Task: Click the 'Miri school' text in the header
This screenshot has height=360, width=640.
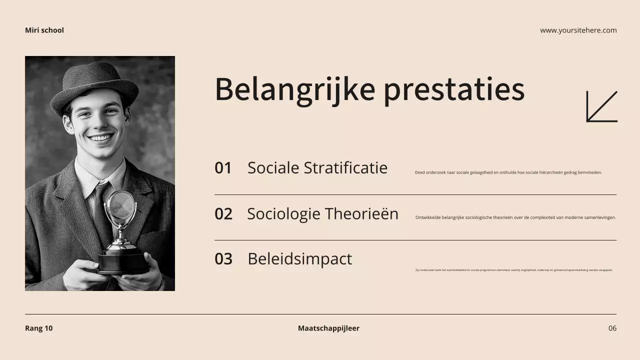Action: tap(44, 30)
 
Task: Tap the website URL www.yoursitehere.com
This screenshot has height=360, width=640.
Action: tap(578, 30)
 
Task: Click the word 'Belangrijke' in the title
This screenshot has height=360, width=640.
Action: tap(294, 89)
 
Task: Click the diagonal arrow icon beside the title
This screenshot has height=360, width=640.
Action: tap(601, 106)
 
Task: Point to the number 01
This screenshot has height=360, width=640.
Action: tap(223, 168)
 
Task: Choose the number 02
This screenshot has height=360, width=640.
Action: tap(223, 214)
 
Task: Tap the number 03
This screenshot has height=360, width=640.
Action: tap(223, 259)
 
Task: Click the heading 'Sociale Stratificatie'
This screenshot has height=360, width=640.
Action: tap(317, 167)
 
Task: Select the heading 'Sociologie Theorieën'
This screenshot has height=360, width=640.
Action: tap(322, 213)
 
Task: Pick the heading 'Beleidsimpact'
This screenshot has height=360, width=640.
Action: tap(299, 259)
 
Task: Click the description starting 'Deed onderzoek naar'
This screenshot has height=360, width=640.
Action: tap(508, 172)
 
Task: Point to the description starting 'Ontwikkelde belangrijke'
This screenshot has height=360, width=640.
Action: tap(515, 217)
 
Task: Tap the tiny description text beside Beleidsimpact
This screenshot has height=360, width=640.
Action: tap(513, 270)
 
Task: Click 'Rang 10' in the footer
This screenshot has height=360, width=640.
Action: tap(38, 328)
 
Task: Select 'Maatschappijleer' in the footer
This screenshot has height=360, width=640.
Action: tap(328, 328)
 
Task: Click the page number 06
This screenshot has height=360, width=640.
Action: tap(612, 328)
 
